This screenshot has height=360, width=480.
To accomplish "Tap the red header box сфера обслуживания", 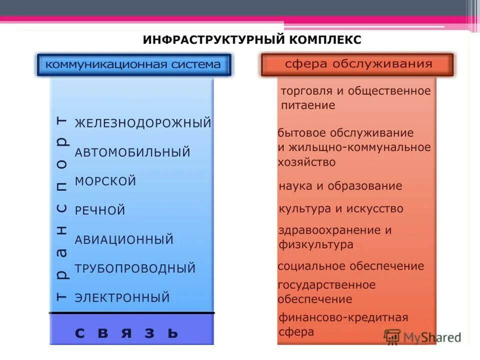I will [358, 64].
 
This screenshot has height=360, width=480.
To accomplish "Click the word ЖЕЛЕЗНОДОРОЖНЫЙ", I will [143, 123].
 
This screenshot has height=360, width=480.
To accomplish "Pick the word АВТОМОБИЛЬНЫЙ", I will [132, 152].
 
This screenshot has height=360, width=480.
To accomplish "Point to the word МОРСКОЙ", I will [105, 181].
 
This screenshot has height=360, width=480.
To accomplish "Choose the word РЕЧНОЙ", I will [100, 210].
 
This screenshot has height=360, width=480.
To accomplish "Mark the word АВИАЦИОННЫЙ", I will [124, 239].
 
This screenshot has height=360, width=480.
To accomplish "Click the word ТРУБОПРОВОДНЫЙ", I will [135, 268].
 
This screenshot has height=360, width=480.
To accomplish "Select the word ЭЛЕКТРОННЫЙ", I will [122, 298].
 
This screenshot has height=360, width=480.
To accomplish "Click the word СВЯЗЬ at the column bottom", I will [126, 332].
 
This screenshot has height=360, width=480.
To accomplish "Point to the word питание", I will [307, 105].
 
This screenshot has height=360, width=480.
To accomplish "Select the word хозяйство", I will [306, 162].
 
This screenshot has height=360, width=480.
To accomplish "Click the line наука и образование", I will [340, 186].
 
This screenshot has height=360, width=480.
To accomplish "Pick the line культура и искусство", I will [340, 208].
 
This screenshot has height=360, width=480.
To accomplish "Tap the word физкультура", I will [315, 244].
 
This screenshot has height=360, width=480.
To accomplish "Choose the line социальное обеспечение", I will [350, 266].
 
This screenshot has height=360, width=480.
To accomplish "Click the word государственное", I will [326, 285].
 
